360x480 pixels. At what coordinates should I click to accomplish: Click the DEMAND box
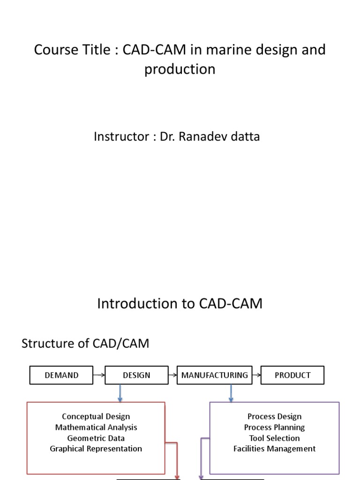pyautogui.click(x=61, y=375)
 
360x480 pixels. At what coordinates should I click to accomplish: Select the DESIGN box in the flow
pyautogui.click(x=136, y=375)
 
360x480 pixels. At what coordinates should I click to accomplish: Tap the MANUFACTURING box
pyautogui.click(x=215, y=375)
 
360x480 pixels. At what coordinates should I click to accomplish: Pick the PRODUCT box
pyautogui.click(x=292, y=375)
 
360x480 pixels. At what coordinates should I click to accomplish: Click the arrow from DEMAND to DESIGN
pyautogui.click(x=99, y=375)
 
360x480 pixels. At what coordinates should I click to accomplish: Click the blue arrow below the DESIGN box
pyautogui.click(x=120, y=393)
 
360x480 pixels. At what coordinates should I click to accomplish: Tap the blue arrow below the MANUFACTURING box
pyautogui.click(x=231, y=393)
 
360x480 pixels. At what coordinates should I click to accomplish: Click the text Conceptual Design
pyautogui.click(x=96, y=416)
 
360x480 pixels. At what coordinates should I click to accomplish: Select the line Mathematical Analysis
pyautogui.click(x=96, y=427)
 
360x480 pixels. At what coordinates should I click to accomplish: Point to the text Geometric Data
pyautogui.click(x=96, y=438)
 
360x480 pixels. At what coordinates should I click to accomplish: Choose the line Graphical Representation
pyautogui.click(x=96, y=449)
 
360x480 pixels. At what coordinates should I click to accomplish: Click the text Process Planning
pyautogui.click(x=274, y=427)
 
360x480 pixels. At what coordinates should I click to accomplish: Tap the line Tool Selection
pyautogui.click(x=274, y=438)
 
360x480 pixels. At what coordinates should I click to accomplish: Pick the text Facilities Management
pyautogui.click(x=274, y=449)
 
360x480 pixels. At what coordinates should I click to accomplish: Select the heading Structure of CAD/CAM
pyautogui.click(x=85, y=344)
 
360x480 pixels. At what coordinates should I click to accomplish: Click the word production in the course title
pyautogui.click(x=180, y=69)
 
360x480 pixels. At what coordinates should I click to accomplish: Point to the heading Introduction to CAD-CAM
pyautogui.click(x=180, y=304)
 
